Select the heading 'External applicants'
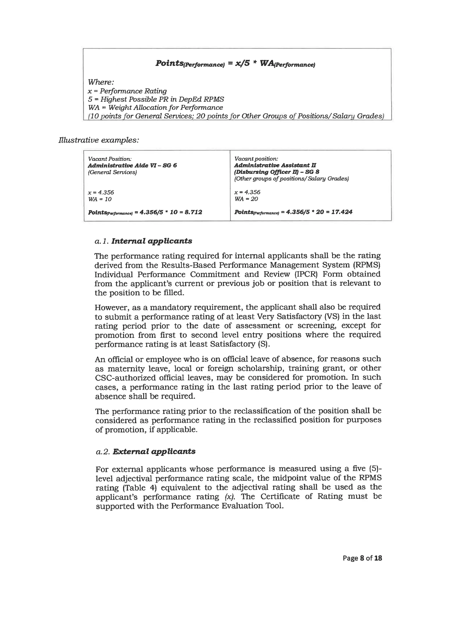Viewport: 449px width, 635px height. [154, 451]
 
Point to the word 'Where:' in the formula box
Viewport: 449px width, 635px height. [101, 82]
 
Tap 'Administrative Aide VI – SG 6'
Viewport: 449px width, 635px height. [132, 165]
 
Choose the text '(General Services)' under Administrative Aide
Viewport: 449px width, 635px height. [112, 172]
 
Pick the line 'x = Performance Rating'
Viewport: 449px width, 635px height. [127, 91]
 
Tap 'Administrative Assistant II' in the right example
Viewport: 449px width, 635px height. [275, 165]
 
